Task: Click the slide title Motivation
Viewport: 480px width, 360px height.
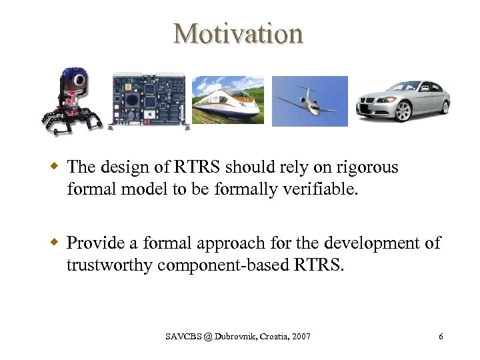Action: click(239, 33)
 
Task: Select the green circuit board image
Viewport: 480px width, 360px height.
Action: click(147, 101)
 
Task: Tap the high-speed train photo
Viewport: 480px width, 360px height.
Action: click(227, 101)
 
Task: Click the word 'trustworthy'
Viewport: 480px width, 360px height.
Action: click(110, 265)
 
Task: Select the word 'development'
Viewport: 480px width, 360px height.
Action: click(373, 243)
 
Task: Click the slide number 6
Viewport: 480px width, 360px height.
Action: click(441, 337)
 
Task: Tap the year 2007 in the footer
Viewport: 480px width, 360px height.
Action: click(301, 337)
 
